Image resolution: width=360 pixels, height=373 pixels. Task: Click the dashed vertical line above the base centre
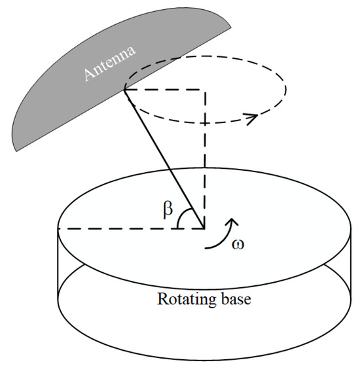[206, 157]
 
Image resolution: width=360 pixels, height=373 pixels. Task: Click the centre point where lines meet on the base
[206, 228]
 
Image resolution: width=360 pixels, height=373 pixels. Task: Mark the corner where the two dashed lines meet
[206, 90]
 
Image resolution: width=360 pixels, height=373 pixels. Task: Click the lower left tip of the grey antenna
[14, 150]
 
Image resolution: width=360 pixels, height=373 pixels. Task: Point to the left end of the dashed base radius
[59, 228]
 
